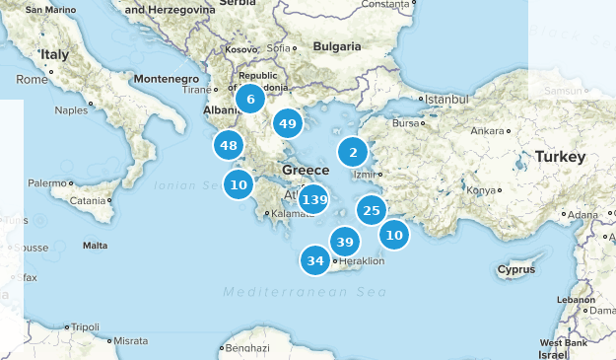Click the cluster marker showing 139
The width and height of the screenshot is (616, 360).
pyautogui.click(x=313, y=200)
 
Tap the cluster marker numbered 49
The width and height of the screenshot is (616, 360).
pyautogui.click(x=288, y=123)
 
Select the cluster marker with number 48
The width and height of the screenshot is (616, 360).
pyautogui.click(x=229, y=145)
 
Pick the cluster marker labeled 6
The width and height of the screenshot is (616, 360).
pyautogui.click(x=250, y=99)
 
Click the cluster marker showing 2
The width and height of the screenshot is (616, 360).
pyautogui.click(x=353, y=152)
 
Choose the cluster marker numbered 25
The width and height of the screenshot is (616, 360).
pyautogui.click(x=371, y=210)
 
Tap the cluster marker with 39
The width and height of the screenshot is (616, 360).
pyautogui.click(x=344, y=242)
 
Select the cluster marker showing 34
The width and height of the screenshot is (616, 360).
pyautogui.click(x=315, y=261)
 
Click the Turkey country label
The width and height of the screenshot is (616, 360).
pyautogui.click(x=560, y=157)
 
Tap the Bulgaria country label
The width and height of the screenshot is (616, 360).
pyautogui.click(x=337, y=46)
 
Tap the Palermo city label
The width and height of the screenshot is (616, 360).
pyautogui.click(x=46, y=183)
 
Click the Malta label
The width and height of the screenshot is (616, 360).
pyautogui.click(x=95, y=245)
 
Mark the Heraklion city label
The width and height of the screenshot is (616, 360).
pyautogui.click(x=362, y=261)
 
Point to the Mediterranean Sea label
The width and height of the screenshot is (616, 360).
pyautogui.click(x=304, y=292)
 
